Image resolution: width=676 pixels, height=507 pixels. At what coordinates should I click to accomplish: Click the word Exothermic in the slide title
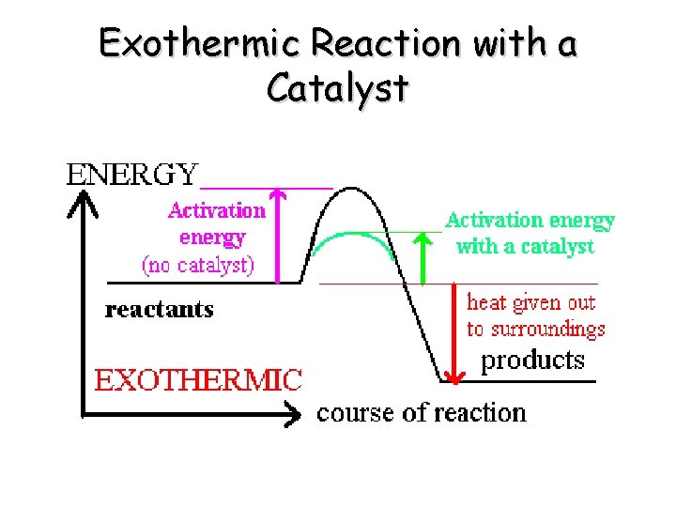point(201,43)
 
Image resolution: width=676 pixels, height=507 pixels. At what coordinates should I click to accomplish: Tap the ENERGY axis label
point(132,175)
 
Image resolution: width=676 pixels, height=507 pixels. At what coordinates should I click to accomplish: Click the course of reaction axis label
point(422,412)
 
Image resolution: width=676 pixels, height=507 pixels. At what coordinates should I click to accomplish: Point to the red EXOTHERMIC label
point(198,380)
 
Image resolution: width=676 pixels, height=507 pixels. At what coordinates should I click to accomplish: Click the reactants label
point(160,310)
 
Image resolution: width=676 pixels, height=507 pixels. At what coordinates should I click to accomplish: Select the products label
point(532,360)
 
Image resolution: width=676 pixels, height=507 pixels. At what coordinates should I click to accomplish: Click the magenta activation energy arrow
point(277,235)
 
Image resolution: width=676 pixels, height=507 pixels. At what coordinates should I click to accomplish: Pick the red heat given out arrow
point(454,333)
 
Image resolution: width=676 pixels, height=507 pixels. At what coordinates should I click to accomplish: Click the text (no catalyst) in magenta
point(198,265)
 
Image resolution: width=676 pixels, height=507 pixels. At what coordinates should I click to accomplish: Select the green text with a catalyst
point(525,247)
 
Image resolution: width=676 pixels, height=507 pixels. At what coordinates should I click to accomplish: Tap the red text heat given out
point(531,302)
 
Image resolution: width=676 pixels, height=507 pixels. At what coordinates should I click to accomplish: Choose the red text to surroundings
point(536,329)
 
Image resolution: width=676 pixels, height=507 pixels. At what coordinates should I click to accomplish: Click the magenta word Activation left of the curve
point(217,210)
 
